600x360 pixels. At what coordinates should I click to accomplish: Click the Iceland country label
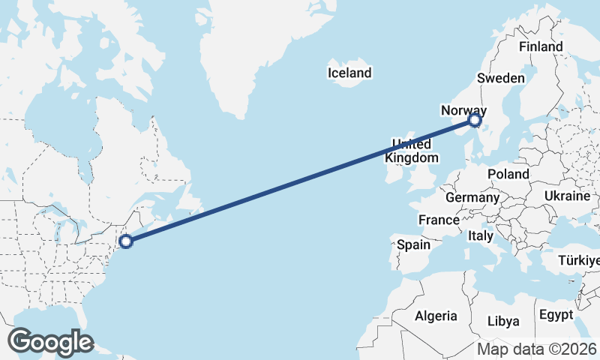[349, 73]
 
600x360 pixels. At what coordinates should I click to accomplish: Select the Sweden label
[501, 78]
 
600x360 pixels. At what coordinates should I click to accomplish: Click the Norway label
[463, 110]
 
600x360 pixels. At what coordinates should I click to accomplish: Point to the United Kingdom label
[411, 151]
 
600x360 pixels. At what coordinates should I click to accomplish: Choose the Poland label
[508, 174]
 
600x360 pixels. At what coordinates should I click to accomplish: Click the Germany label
[472, 198]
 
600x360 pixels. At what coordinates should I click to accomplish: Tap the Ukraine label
[568, 196]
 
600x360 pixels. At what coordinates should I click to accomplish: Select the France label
[439, 220]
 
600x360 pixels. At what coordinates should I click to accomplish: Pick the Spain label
[413, 244]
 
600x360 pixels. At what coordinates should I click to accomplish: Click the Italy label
[480, 235]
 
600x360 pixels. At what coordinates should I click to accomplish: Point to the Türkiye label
[580, 261]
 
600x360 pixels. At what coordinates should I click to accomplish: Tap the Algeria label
[436, 315]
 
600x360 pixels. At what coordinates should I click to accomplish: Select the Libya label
[503, 321]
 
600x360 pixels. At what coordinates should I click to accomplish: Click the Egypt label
[556, 314]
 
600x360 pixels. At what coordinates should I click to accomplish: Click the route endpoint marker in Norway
[474, 119]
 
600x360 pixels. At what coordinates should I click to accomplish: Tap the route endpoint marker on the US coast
[126, 241]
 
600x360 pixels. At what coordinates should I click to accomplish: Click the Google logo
[50, 341]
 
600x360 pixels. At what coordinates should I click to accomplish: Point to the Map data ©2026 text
[537, 349]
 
